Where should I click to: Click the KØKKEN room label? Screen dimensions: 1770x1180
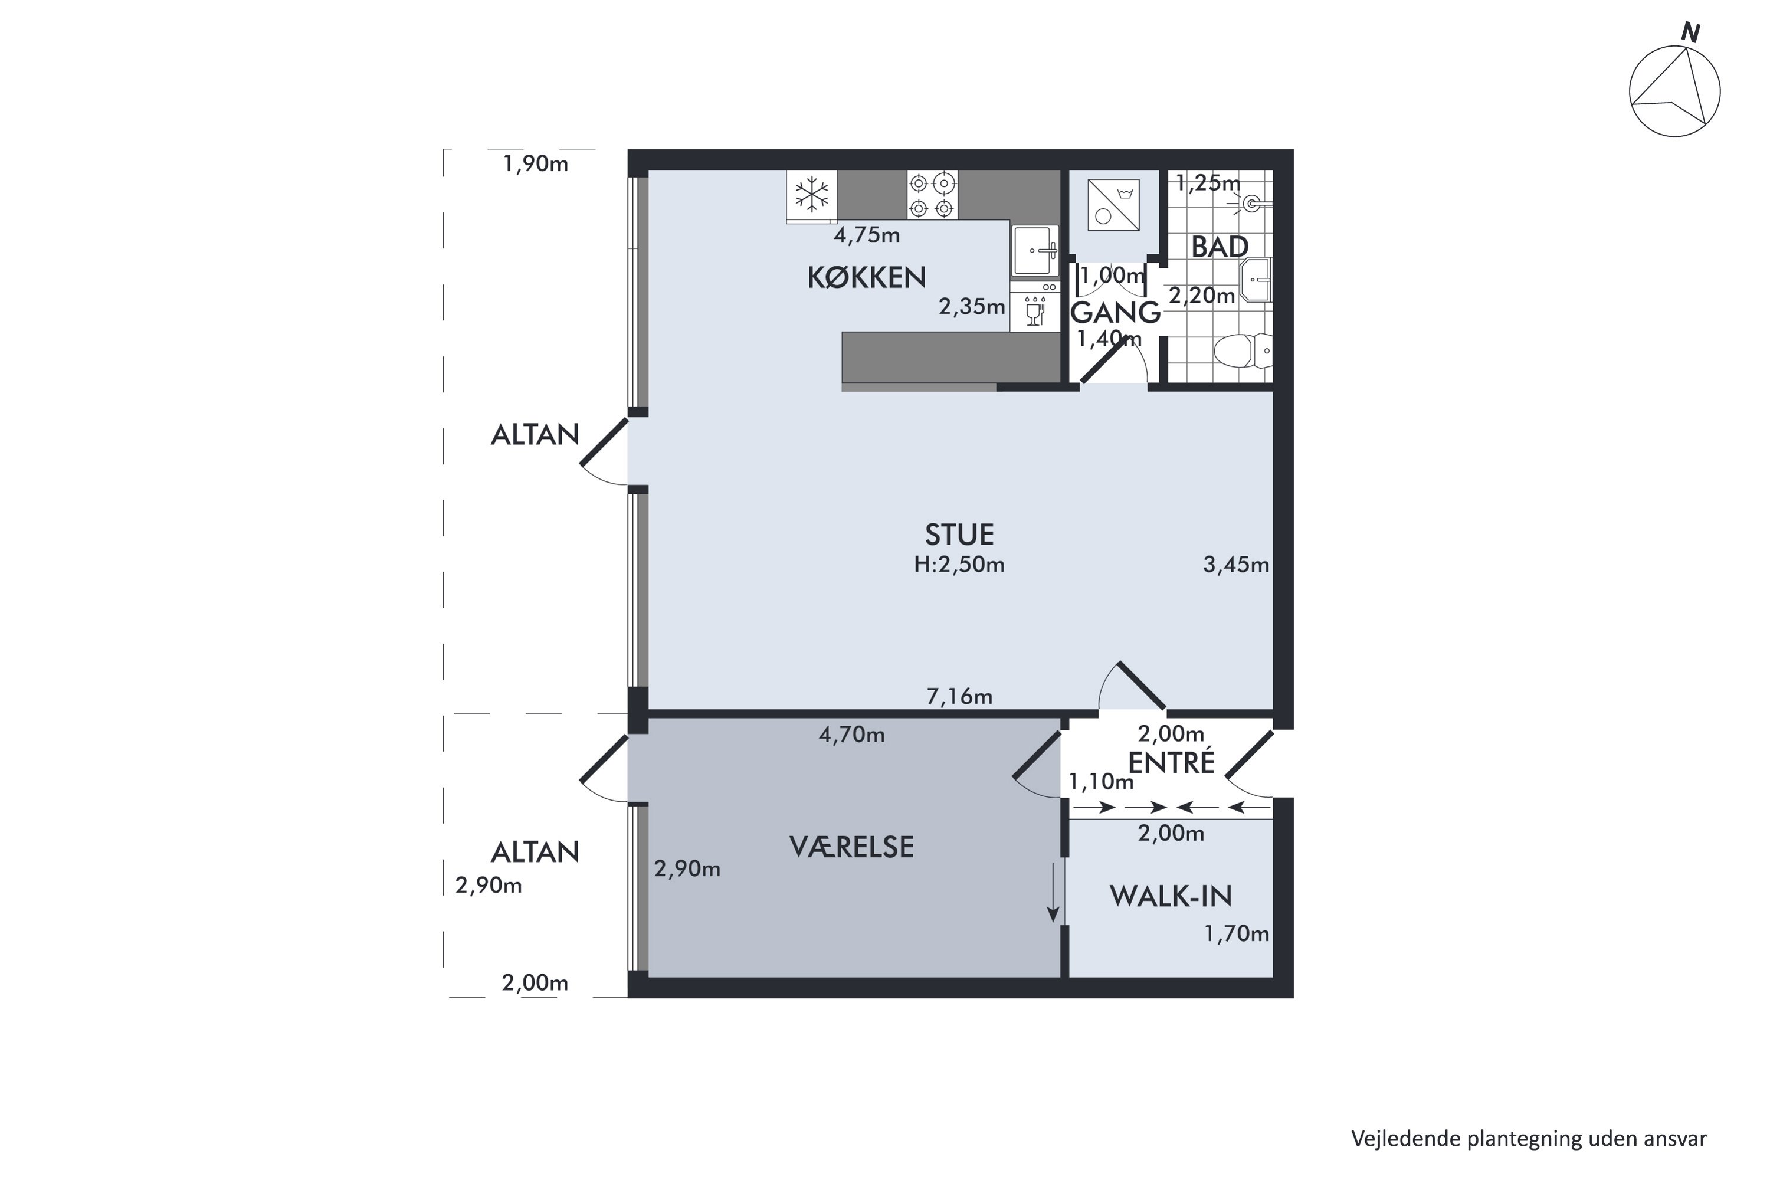[866, 278]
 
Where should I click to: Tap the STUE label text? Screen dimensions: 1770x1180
[959, 535]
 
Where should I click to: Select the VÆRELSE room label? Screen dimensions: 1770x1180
[851, 847]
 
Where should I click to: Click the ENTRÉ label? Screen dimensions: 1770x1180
[1172, 762]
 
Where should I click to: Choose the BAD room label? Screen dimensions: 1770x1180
[1220, 247]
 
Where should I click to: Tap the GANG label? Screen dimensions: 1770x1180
[1115, 312]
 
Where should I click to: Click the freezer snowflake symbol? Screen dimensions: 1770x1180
[812, 194]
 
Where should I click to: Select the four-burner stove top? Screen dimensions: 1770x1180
[932, 194]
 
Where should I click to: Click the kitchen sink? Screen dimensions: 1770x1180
[1035, 250]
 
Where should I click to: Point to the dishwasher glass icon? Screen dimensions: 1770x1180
[1035, 311]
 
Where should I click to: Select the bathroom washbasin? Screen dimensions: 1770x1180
[1256, 280]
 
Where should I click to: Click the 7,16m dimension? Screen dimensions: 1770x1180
[959, 697]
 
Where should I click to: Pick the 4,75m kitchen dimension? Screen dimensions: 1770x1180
[867, 235]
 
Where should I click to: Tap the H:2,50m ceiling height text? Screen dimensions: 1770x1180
[959, 565]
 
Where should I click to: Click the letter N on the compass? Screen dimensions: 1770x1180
[1692, 33]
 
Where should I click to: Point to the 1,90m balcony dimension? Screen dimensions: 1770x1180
[536, 164]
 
